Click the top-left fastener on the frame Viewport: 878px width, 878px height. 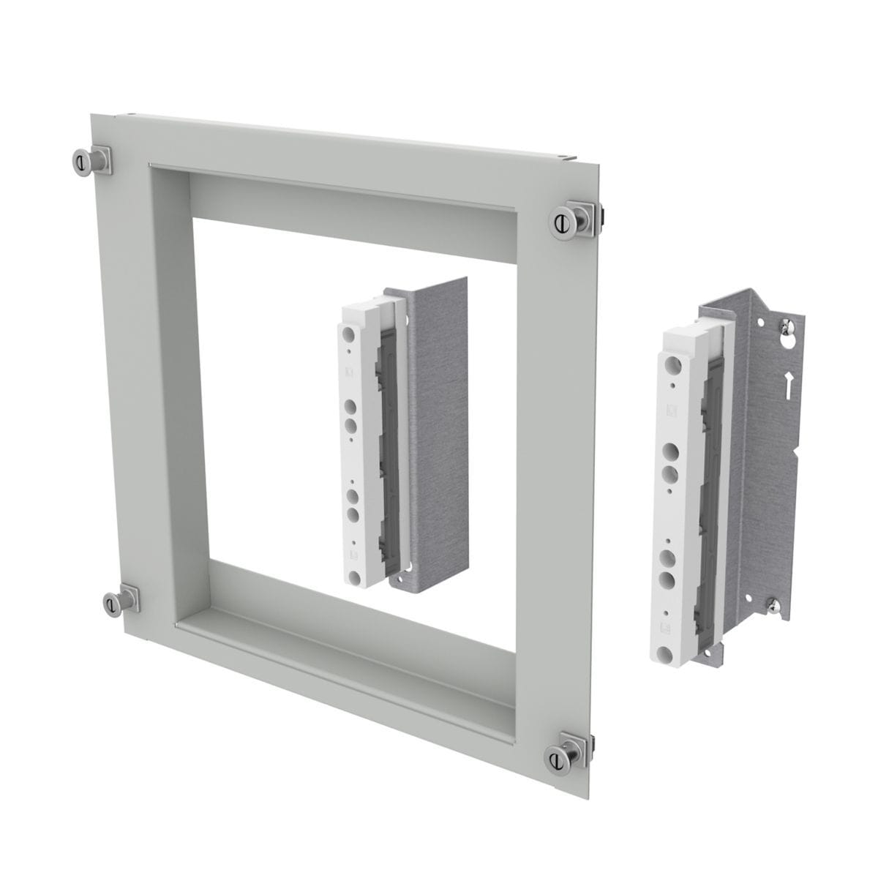tap(81, 160)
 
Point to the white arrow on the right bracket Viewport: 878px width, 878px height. tap(789, 384)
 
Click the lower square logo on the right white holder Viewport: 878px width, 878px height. tap(667, 626)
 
